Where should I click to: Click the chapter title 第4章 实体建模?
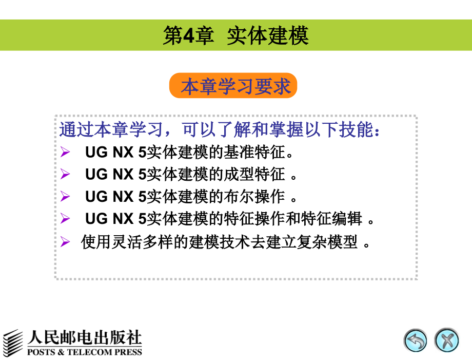(x=235, y=35)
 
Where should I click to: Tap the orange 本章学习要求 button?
(x=233, y=86)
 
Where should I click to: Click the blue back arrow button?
(x=415, y=340)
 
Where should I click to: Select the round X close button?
(x=446, y=340)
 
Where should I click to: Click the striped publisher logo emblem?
(x=14, y=342)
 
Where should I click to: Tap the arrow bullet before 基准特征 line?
(x=65, y=153)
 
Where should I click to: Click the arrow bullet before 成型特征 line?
(x=65, y=175)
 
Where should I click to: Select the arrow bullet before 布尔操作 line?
(x=65, y=196)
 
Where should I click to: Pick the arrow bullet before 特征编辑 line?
(x=65, y=218)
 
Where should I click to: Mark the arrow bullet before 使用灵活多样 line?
(x=65, y=241)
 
